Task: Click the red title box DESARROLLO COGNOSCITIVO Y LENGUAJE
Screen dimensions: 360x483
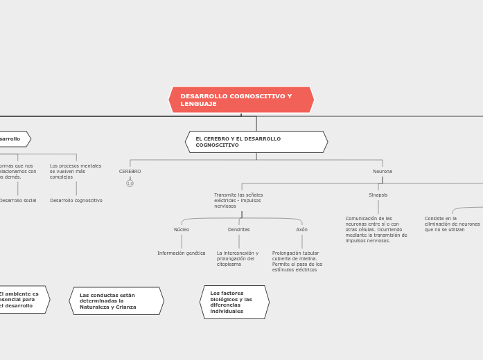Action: click(241, 100)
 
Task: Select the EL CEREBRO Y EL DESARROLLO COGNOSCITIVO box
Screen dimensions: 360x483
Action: click(256, 142)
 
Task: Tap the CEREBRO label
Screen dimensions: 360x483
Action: click(130, 172)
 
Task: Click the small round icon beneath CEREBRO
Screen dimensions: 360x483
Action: click(130, 183)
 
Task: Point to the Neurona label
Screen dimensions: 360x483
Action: click(383, 172)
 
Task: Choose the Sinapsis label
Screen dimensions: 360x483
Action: click(378, 195)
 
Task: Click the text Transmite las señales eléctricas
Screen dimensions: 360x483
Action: click(238, 200)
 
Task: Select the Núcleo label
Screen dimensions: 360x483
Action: click(182, 229)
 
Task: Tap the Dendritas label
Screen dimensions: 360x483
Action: click(239, 229)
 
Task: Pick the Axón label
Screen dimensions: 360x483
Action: click(302, 229)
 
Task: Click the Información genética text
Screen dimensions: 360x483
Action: click(182, 253)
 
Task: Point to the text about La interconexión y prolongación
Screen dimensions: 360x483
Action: click(238, 258)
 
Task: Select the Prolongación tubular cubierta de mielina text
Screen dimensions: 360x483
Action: click(297, 261)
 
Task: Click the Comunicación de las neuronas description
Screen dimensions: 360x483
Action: click(376, 229)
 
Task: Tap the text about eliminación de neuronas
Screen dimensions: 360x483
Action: click(452, 224)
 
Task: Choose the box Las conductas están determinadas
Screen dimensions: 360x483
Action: click(116, 301)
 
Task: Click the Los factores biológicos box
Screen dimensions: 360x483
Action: click(234, 302)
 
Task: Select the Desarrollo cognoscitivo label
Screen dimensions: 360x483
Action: click(76, 201)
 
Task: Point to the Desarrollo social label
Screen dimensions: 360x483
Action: click(18, 201)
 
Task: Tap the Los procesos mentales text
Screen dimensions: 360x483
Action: click(76, 171)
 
